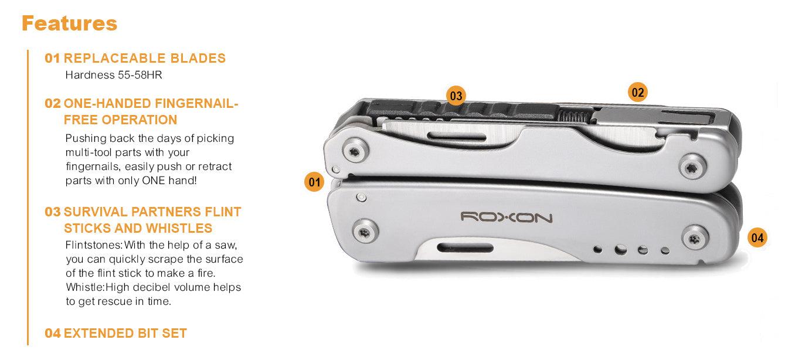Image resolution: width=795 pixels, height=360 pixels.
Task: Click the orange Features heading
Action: point(69,23)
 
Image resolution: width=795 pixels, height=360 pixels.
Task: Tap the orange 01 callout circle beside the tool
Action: point(315,182)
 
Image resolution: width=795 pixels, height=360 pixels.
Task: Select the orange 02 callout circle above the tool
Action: point(637,92)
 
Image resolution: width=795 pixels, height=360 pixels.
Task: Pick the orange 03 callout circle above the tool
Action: point(456,96)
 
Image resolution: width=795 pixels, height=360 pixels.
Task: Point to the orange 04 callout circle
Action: point(757,237)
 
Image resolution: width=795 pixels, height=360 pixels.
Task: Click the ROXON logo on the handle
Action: point(506,218)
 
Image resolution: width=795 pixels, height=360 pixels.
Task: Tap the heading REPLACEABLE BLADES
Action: point(144,59)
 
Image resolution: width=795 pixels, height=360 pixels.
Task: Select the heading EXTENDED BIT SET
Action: point(125,334)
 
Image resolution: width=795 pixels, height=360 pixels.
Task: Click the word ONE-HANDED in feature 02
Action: point(107,104)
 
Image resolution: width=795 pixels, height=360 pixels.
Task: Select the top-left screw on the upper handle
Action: point(355,152)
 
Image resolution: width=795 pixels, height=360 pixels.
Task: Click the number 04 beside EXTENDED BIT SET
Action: point(53,334)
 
